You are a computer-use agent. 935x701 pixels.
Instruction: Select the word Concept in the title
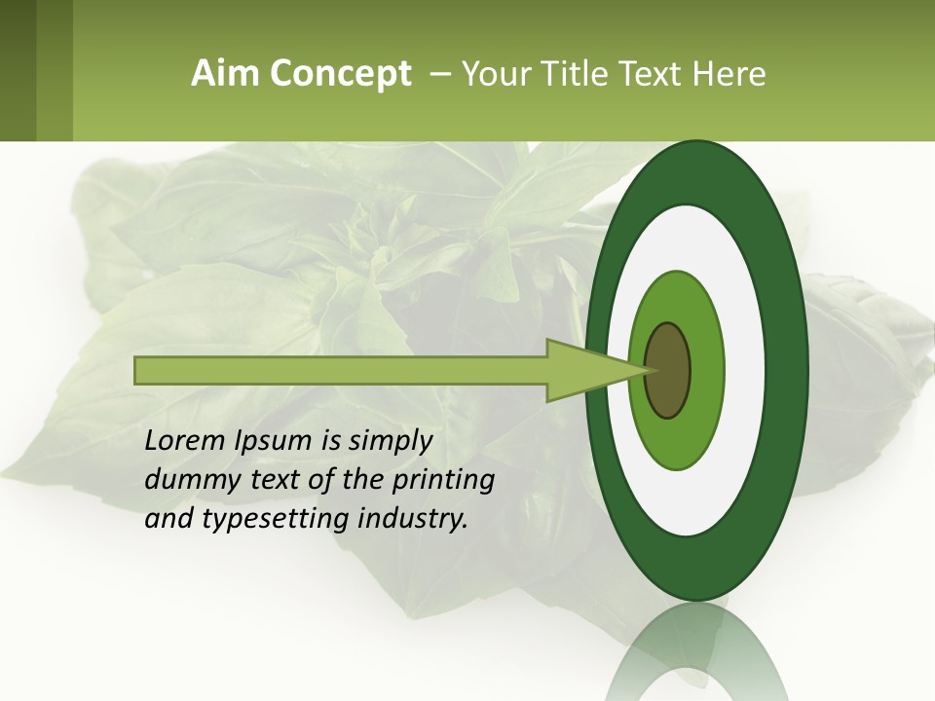click(340, 74)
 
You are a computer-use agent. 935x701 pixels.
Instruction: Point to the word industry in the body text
click(413, 518)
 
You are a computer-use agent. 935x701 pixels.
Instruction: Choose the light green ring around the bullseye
click(706, 370)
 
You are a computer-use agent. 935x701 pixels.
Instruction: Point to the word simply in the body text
click(389, 440)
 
